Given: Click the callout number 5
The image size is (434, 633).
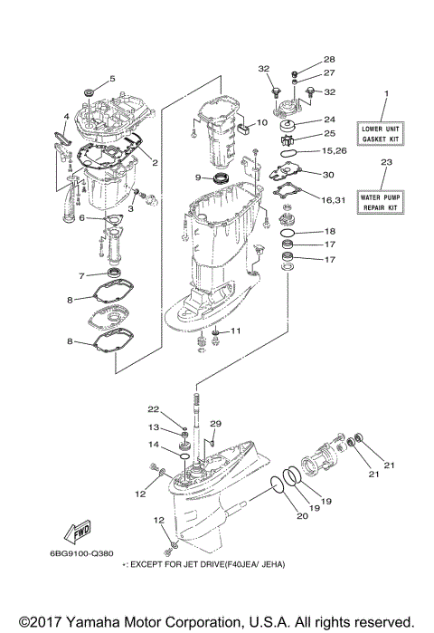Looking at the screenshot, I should [x=112, y=79].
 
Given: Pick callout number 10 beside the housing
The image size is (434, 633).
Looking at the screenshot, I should [x=260, y=122].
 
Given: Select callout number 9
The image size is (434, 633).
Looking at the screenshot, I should [x=198, y=177].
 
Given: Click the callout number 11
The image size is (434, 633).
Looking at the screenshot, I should [x=236, y=331].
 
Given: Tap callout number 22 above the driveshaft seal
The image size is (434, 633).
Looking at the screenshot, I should [x=154, y=409].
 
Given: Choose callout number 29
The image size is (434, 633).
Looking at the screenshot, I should [x=215, y=424].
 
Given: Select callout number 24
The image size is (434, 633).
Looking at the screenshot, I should [x=329, y=118].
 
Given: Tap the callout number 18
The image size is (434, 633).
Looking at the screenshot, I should [x=329, y=231].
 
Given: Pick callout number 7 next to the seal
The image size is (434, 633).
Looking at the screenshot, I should [x=80, y=275].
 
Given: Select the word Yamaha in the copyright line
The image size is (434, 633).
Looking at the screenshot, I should [x=94, y=622].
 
